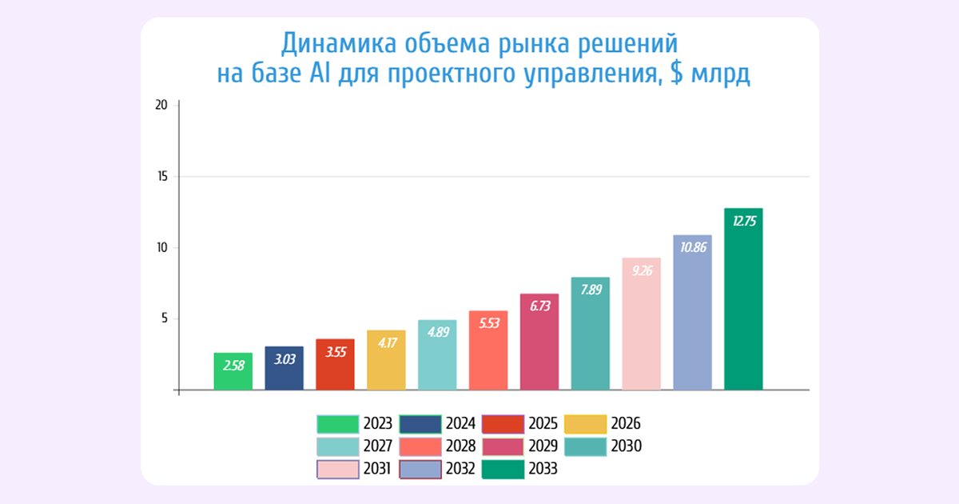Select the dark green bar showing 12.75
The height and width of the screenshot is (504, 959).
(743, 299)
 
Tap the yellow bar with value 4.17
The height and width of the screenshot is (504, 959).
(386, 360)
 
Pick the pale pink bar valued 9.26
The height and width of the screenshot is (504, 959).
(641, 324)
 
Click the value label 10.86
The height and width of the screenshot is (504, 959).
(692, 248)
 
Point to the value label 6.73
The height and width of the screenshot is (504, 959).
(539, 307)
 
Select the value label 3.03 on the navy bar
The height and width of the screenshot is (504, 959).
(284, 360)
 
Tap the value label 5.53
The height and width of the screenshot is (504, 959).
(488, 324)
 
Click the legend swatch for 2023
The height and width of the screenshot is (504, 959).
(336, 424)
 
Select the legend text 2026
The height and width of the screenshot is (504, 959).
(625, 424)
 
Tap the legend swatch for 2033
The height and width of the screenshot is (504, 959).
(503, 470)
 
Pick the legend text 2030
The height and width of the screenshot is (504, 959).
(625, 446)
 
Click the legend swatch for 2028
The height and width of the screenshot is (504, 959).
(420, 446)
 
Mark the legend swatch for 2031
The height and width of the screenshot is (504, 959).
(336, 470)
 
